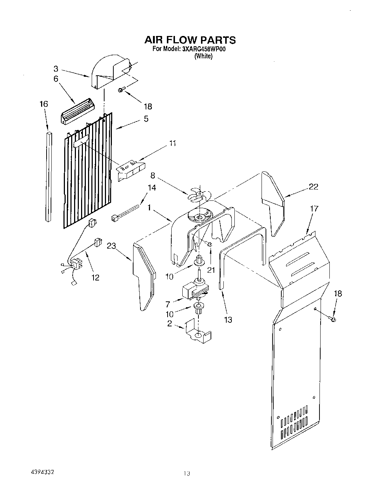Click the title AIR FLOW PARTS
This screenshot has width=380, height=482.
[x=190, y=40]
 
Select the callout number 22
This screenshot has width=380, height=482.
[x=313, y=186]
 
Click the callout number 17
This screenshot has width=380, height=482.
[x=314, y=209]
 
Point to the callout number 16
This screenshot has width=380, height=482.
[x=44, y=104]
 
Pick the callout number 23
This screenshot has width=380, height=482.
[x=112, y=246]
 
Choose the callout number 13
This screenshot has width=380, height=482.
[x=228, y=319]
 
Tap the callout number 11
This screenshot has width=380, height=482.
[x=172, y=143]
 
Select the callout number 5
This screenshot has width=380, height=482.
[x=146, y=119]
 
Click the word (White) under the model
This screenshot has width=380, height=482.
[x=203, y=56]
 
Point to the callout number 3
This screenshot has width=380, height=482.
[x=56, y=68]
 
